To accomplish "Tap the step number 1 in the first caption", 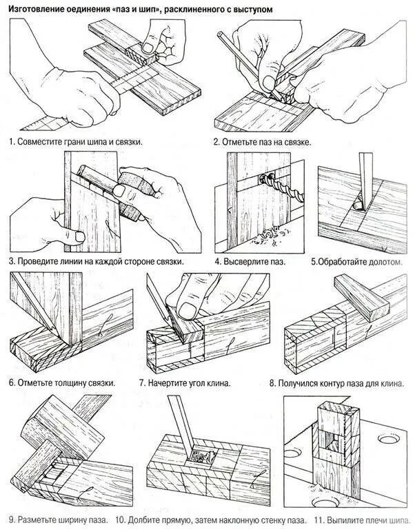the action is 11,141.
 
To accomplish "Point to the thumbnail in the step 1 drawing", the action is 148,47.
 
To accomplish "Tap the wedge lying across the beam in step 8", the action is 361,298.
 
